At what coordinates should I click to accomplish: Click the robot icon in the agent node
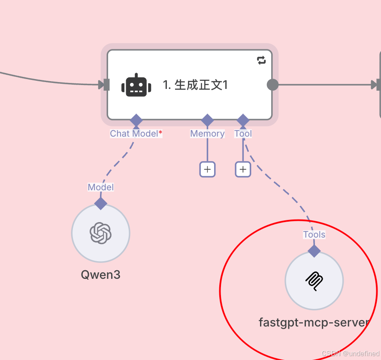(136, 85)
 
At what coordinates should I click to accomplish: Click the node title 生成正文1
(195, 85)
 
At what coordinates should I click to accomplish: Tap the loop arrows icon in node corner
(261, 61)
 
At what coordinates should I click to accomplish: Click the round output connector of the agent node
(272, 85)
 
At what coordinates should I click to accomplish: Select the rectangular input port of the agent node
(106, 85)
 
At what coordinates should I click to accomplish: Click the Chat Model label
(134, 134)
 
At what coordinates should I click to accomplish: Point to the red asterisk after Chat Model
(160, 133)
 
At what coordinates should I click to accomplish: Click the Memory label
(207, 134)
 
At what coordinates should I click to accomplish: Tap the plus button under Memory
(207, 169)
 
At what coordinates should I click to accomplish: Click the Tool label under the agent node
(243, 134)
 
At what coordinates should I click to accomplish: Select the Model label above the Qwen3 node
(101, 187)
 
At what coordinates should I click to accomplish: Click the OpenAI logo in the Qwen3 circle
(100, 233)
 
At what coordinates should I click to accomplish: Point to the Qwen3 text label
(100, 275)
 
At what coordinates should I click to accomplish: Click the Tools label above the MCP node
(314, 235)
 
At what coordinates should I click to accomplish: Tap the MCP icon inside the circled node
(314, 281)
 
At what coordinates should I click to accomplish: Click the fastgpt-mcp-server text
(314, 322)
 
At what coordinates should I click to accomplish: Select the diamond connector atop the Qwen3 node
(101, 203)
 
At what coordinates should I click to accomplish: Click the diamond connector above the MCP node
(314, 250)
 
